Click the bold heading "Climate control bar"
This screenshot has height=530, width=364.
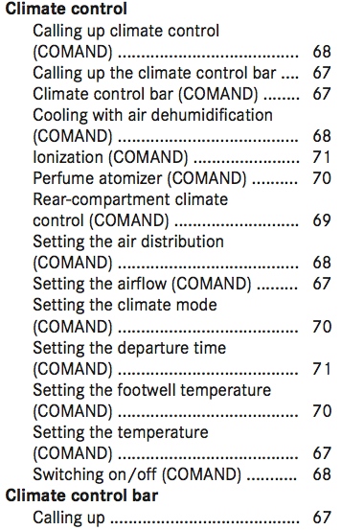point(81,495)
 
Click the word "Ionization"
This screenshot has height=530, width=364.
point(68,157)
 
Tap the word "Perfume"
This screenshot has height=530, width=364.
point(63,178)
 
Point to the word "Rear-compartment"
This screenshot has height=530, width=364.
point(102,199)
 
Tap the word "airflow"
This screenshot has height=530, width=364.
point(142,284)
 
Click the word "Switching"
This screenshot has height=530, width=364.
point(64,474)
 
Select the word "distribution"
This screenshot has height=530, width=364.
point(182,242)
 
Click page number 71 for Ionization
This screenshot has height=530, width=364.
point(321,157)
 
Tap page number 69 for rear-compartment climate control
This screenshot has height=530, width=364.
point(322,220)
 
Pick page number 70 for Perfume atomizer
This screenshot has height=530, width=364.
point(322,178)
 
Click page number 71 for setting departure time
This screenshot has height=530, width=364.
point(321,368)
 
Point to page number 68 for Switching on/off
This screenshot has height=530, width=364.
point(322,473)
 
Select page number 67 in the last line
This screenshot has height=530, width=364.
point(322,518)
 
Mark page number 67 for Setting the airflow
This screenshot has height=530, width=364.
point(322,284)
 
